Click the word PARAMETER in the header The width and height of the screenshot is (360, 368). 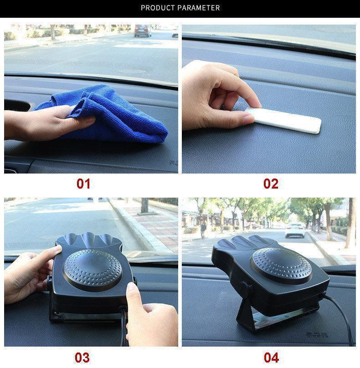[x=199, y=8]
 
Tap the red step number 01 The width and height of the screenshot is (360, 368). [x=83, y=184]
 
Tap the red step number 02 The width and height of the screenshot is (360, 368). [x=271, y=184]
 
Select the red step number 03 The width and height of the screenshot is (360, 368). [x=82, y=358]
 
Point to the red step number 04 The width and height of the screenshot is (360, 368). [x=271, y=358]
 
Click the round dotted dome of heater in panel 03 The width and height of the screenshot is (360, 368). [x=93, y=270]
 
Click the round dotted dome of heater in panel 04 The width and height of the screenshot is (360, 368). [x=281, y=265]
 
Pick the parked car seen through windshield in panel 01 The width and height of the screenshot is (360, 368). [x=143, y=31]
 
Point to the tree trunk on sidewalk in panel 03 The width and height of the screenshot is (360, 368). [x=144, y=205]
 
